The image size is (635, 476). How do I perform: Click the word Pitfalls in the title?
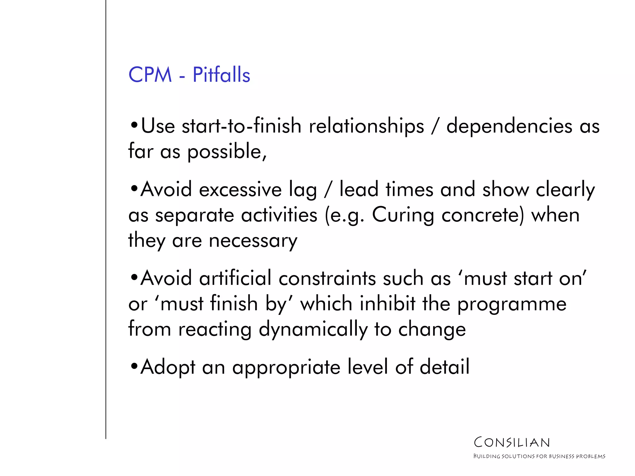click(221, 75)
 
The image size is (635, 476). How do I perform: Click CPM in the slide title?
click(150, 75)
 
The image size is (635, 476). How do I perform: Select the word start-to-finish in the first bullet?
click(242, 126)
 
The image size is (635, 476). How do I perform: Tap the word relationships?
click(366, 127)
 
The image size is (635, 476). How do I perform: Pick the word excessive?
click(240, 189)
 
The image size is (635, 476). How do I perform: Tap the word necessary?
click(253, 241)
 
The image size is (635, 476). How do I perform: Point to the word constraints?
click(327, 278)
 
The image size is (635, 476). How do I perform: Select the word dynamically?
click(313, 329)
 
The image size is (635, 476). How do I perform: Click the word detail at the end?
click(444, 367)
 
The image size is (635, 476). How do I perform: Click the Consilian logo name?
click(512, 443)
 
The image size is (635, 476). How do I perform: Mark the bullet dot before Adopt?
click(134, 366)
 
